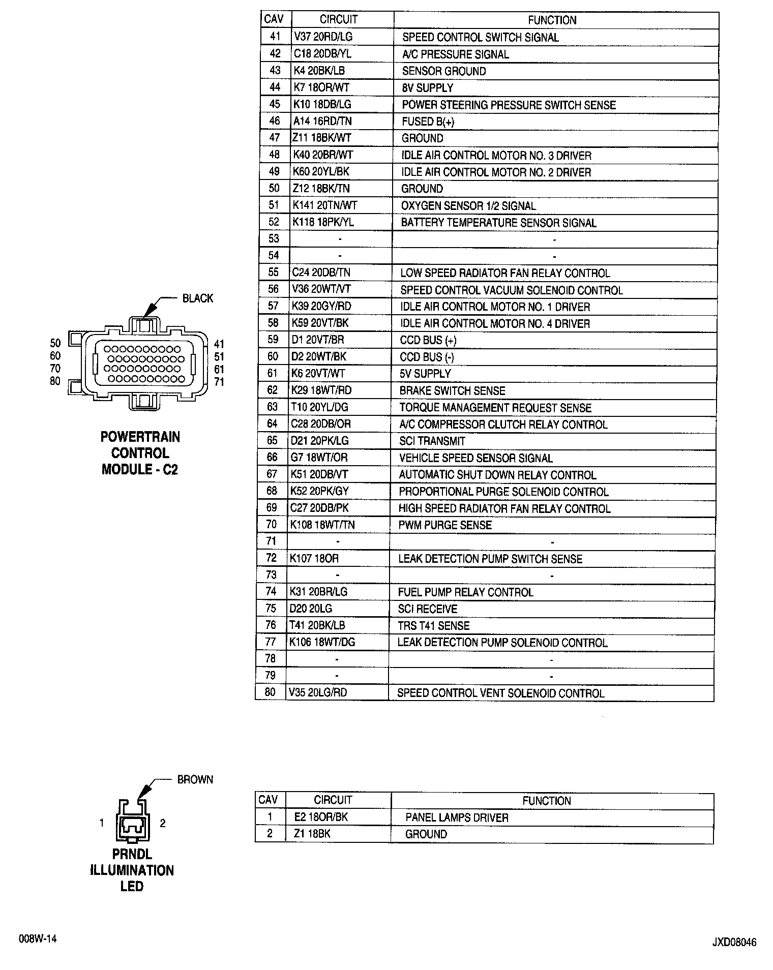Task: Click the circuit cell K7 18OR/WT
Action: (x=321, y=87)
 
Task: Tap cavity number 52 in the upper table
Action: (x=274, y=222)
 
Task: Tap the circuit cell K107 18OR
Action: (x=314, y=559)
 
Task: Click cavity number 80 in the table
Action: (x=270, y=692)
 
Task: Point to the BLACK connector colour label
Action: (x=198, y=298)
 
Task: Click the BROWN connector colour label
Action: (x=195, y=779)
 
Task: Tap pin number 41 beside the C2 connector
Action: (x=219, y=344)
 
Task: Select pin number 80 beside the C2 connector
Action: (x=55, y=381)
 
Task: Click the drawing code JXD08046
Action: (x=734, y=943)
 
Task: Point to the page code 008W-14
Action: (x=38, y=939)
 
